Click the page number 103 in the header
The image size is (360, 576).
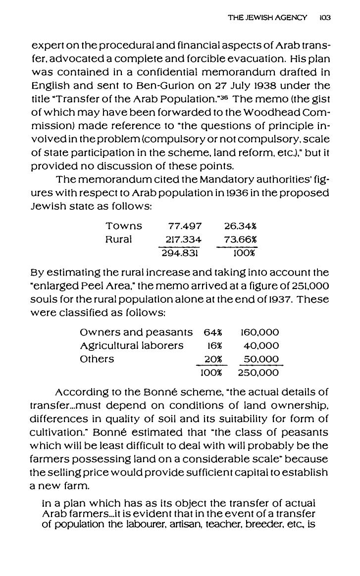click(325, 17)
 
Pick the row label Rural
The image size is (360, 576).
click(119, 240)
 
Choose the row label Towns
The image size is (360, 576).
click(124, 226)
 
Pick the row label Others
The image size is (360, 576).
click(97, 359)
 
